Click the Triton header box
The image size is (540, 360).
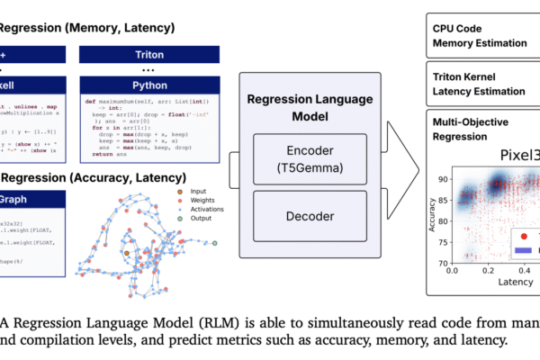click(x=134, y=56)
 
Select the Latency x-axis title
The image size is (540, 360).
click(x=514, y=283)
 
